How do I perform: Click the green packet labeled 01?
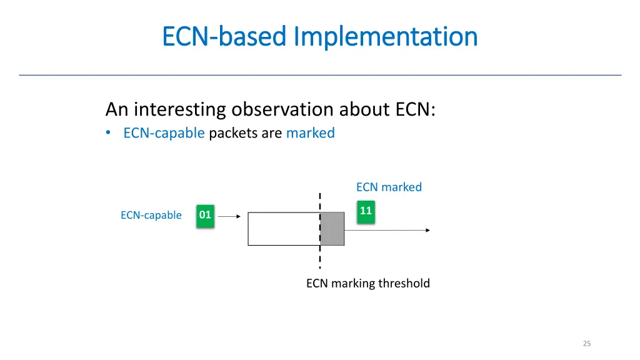(x=205, y=216)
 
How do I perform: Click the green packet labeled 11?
(x=366, y=211)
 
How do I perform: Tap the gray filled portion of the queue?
(x=332, y=229)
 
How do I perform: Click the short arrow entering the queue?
(x=229, y=216)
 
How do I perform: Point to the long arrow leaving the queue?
(x=387, y=230)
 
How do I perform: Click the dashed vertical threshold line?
(x=320, y=256)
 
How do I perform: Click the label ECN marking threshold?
(x=367, y=283)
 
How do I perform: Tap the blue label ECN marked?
(x=389, y=187)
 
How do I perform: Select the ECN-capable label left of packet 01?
(x=151, y=215)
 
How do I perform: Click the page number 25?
(x=586, y=343)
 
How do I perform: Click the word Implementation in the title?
(x=386, y=36)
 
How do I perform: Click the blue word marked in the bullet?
(x=311, y=133)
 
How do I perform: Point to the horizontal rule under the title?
(x=320, y=75)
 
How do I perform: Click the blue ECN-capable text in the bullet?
(x=164, y=133)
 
